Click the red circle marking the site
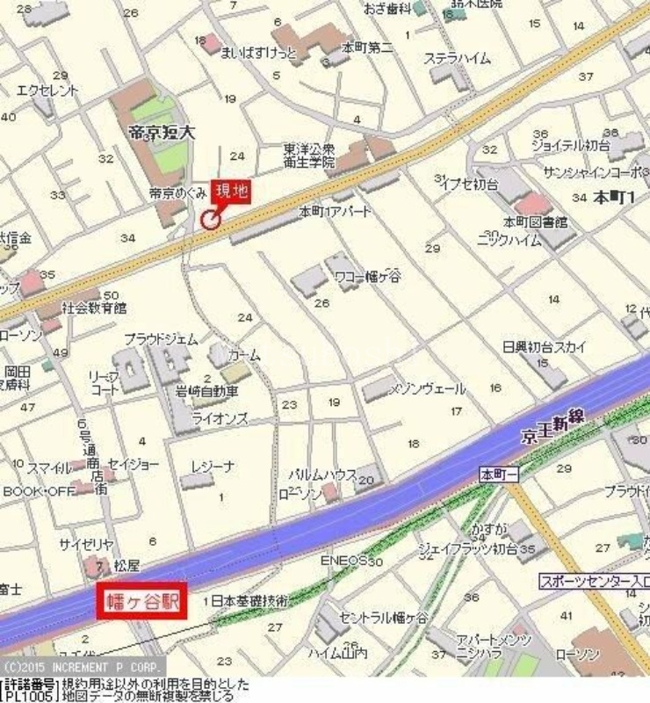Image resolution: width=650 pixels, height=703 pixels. pos(211,220)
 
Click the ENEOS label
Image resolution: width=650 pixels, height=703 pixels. pos(345,559)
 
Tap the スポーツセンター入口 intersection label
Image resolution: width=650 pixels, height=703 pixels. pos(594,581)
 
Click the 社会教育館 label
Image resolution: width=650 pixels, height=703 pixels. pos(94,308)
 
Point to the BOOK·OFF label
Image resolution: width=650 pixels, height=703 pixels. pos(39,491)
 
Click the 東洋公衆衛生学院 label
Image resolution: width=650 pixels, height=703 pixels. pos(308,156)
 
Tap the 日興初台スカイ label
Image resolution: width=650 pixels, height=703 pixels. pos(545,346)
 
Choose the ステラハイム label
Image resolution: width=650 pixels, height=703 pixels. pos(458,59)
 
